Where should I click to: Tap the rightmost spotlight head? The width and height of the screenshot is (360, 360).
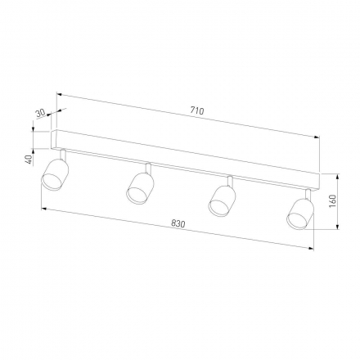299,214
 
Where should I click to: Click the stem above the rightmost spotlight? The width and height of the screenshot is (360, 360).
307,194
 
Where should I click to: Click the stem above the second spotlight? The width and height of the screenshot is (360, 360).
147,169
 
